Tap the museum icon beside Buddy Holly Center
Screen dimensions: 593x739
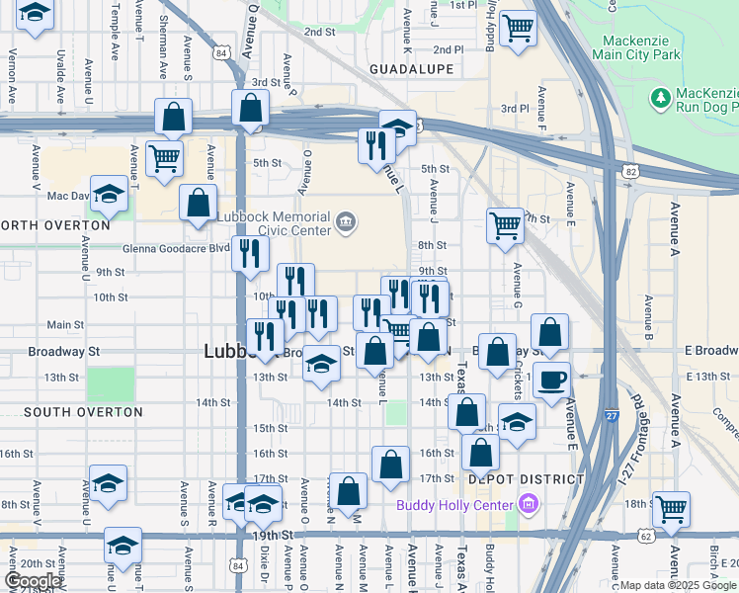[x=528, y=505]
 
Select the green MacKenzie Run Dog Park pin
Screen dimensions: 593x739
[x=659, y=98]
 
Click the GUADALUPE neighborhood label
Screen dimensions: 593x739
[x=411, y=69]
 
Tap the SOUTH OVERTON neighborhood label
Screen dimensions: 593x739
[x=65, y=412]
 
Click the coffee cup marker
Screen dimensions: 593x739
[x=552, y=380]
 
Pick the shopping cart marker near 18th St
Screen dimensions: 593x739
[x=671, y=508]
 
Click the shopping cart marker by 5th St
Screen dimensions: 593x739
[x=164, y=156]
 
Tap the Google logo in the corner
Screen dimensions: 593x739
[x=32, y=581]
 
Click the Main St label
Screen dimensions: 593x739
[x=65, y=324]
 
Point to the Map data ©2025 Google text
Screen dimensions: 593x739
[x=678, y=585]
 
